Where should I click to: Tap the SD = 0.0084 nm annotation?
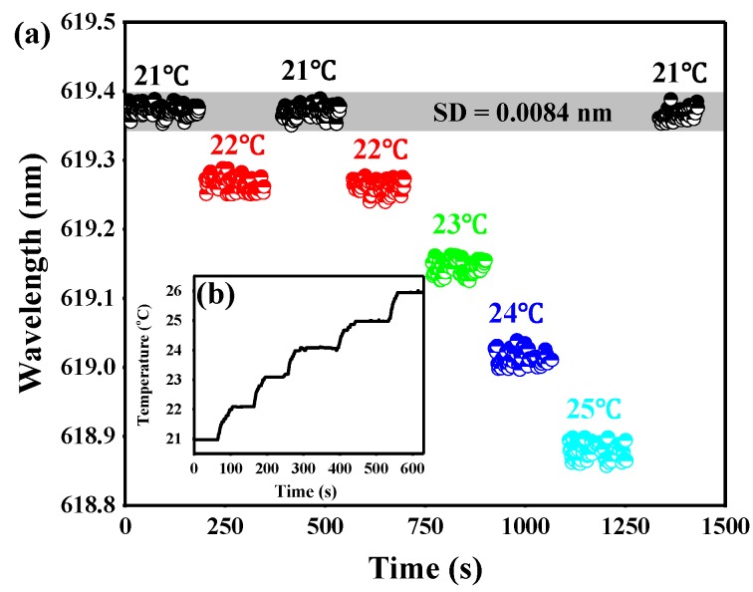[x=553, y=113]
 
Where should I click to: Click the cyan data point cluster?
[x=598, y=450]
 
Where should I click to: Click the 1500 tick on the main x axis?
[x=723, y=526]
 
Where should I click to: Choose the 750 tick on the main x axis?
[x=424, y=526]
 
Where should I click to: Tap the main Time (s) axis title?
[x=424, y=568]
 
